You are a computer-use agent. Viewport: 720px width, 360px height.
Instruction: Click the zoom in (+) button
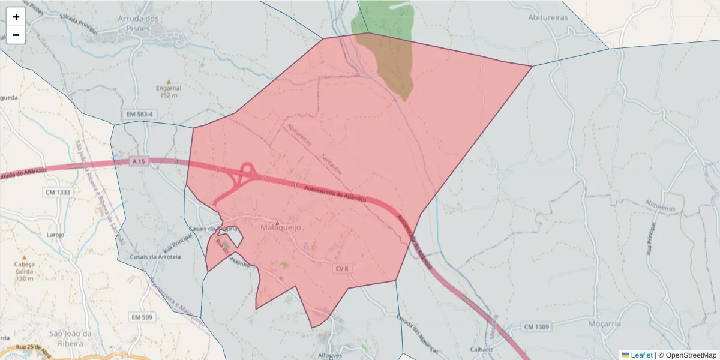tap(16, 17)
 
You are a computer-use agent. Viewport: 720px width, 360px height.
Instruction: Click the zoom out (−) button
tap(16, 35)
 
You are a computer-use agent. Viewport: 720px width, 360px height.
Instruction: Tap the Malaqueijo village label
tap(280, 228)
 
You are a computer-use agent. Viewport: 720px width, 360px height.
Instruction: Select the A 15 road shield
tap(139, 161)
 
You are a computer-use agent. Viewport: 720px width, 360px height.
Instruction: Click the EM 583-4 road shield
tap(140, 114)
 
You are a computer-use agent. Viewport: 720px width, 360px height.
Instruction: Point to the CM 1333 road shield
tap(58, 193)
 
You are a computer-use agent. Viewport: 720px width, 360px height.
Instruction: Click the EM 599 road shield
tap(143, 316)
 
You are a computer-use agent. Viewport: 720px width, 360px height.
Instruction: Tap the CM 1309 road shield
tap(536, 326)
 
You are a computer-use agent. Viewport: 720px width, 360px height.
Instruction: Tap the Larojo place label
tap(55, 235)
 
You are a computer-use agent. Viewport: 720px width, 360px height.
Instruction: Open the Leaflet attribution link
tap(641, 355)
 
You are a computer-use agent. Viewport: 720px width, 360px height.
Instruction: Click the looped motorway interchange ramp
tap(247, 169)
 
